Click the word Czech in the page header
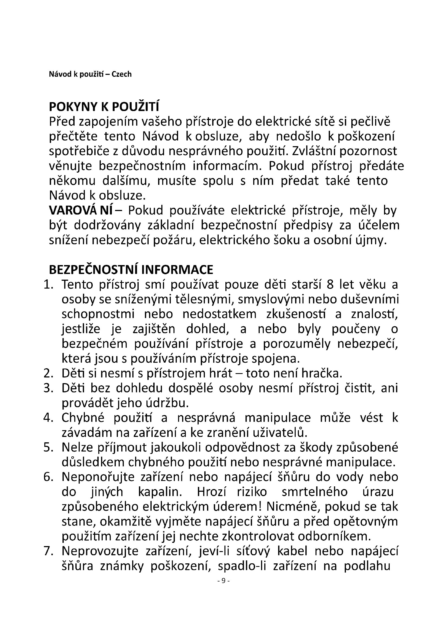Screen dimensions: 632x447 coord(121,74)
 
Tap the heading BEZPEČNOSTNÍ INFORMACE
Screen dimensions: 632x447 coord(131,270)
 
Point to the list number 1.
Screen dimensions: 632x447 coord(48,285)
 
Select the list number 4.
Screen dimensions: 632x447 coord(48,418)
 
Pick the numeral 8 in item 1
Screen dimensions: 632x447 coord(330,285)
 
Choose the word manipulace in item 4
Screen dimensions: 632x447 coord(278,418)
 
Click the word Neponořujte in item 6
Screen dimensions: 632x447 coord(98,477)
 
